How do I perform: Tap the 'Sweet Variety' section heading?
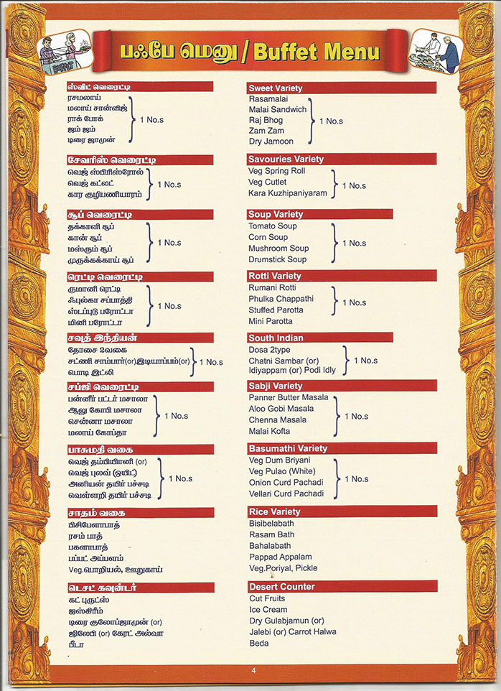pos(276,88)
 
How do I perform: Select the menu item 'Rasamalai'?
pos(268,98)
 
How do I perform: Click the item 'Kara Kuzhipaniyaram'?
pos(287,193)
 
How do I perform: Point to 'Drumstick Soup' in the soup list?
pos(277,259)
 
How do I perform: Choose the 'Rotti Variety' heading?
pos(275,276)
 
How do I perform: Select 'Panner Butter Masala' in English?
pos(289,397)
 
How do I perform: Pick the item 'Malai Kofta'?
pos(270,431)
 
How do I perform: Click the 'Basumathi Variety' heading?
pos(287,448)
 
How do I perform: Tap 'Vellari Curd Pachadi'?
pos(286,494)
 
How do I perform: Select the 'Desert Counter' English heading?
pos(281,587)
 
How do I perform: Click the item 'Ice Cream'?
pos(268,609)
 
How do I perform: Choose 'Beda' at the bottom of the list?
pos(259,643)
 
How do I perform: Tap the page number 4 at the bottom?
pos(253,670)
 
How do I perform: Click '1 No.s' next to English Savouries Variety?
pos(354,185)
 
